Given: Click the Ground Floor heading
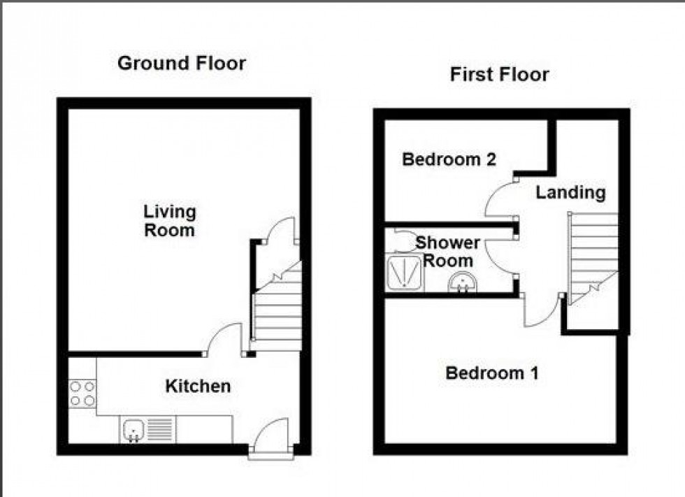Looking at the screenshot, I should (181, 64).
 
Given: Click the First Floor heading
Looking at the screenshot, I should (499, 75).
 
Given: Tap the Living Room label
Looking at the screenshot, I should (170, 220).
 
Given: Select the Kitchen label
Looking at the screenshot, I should (198, 386).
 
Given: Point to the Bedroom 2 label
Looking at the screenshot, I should (449, 159).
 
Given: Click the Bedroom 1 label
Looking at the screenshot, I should (492, 373).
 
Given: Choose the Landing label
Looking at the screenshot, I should (570, 192).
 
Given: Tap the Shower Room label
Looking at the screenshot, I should (448, 252).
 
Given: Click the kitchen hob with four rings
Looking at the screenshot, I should (82, 393).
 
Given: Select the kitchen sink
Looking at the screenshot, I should (133, 428).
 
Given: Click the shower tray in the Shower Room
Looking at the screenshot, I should (403, 272).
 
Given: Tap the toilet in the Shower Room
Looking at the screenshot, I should (402, 240).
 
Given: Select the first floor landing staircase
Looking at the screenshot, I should (593, 255).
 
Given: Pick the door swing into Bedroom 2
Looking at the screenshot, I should (499, 199).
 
